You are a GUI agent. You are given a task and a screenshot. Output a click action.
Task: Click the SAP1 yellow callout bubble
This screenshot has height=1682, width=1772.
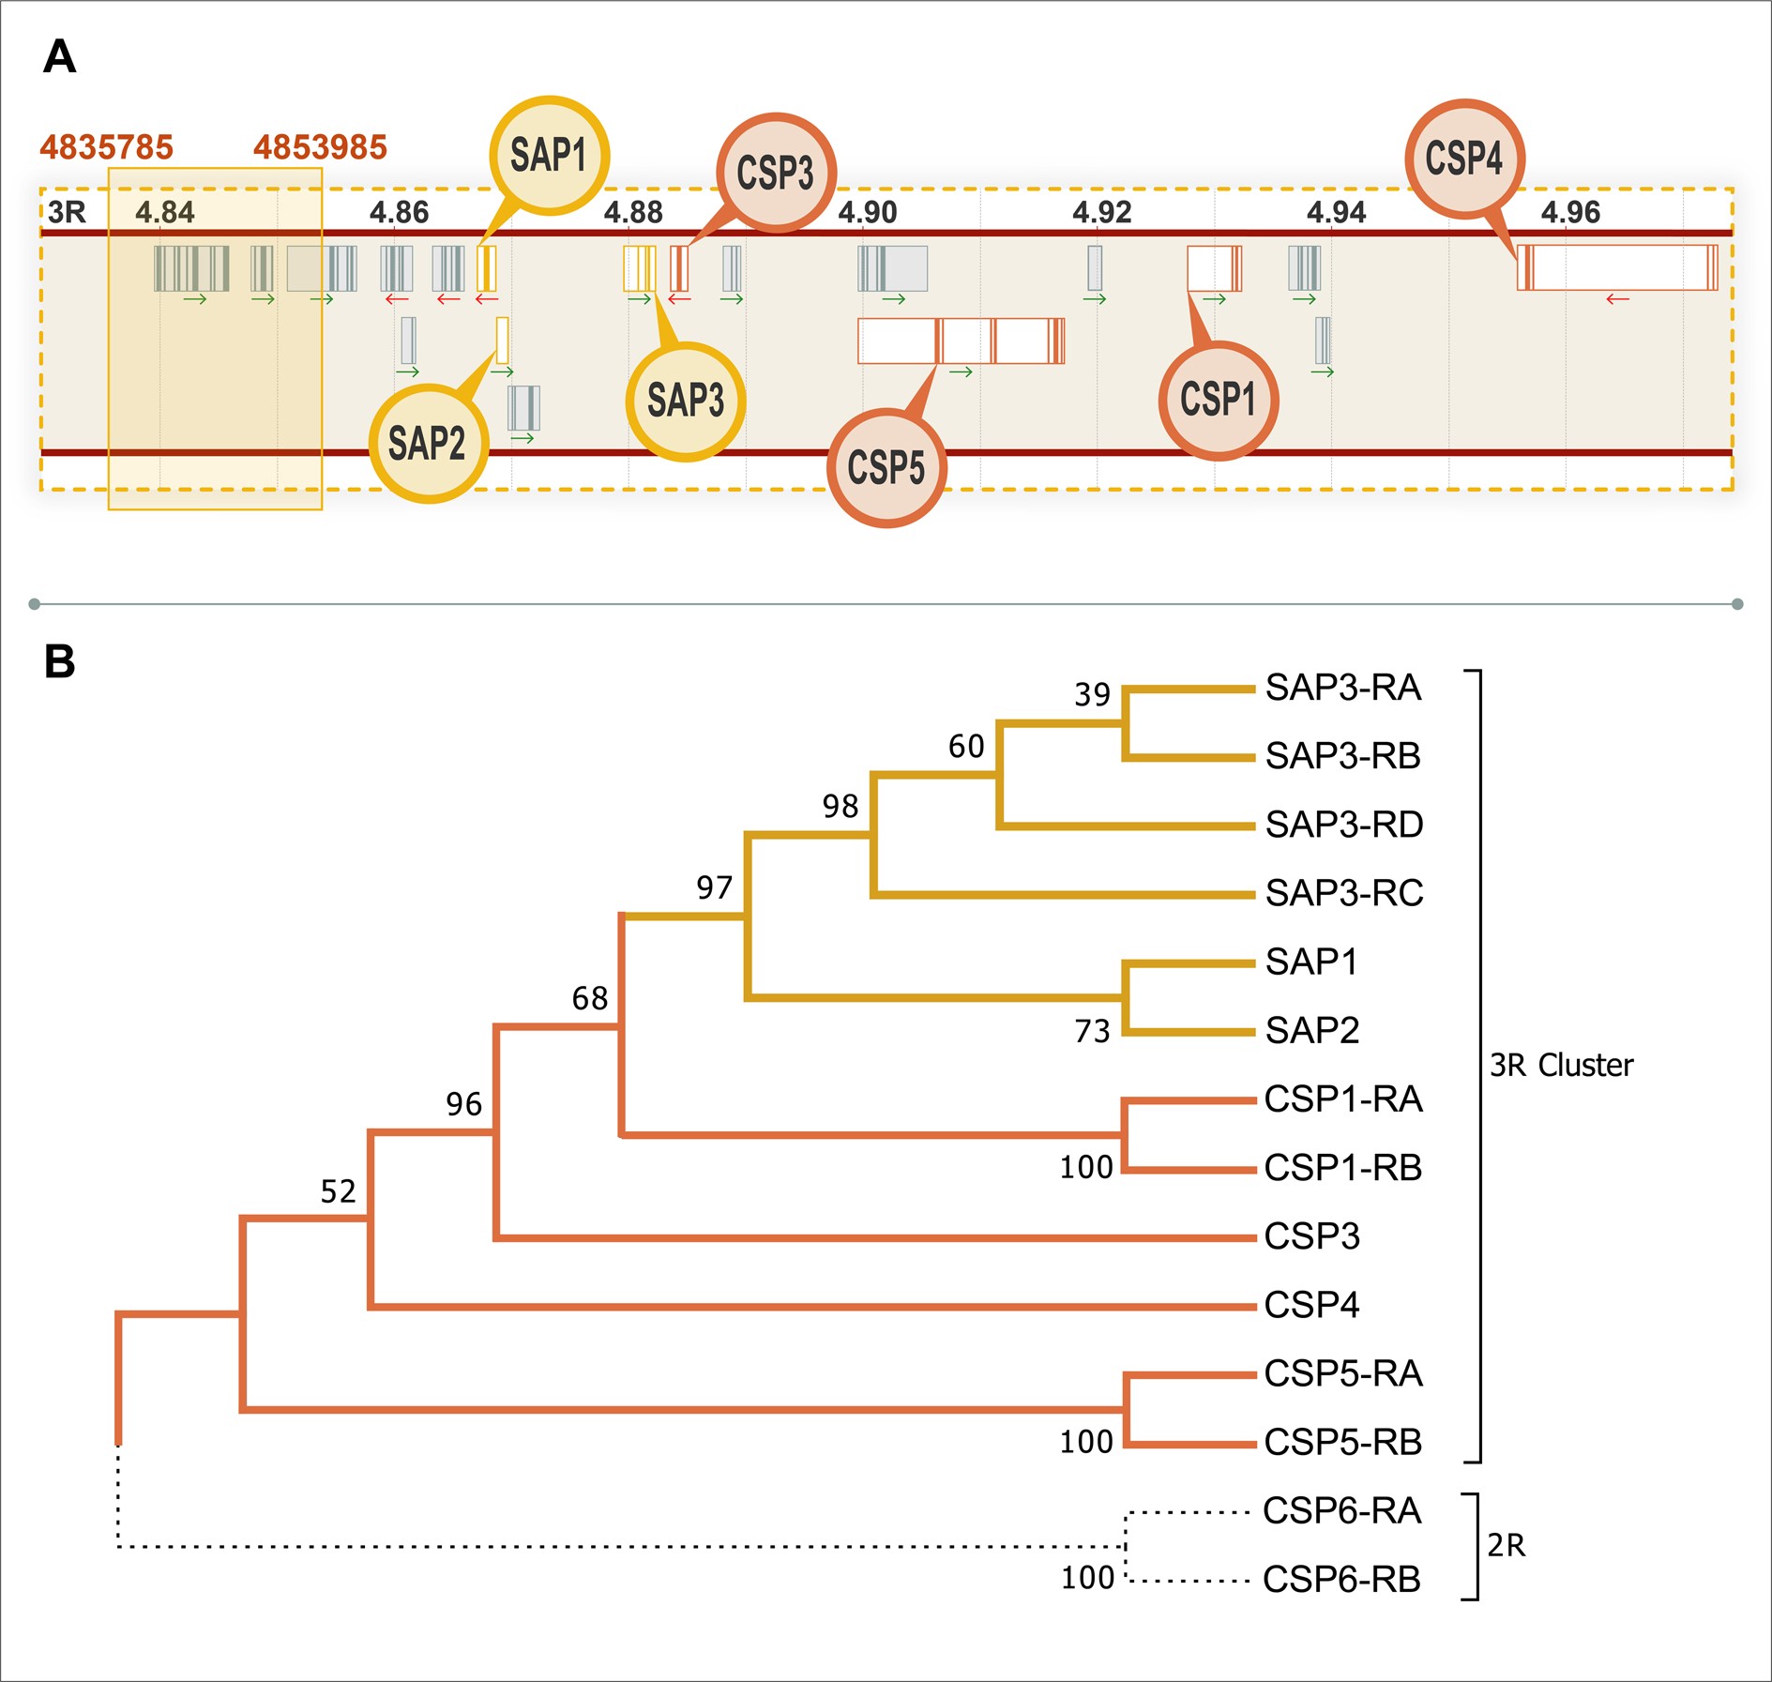click(549, 156)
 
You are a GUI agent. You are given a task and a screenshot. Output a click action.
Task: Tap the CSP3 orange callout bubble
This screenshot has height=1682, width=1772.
click(776, 174)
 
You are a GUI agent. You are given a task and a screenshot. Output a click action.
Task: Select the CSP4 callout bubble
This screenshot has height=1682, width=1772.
click(1463, 159)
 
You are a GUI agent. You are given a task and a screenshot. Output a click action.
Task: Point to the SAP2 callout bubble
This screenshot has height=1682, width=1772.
click(428, 443)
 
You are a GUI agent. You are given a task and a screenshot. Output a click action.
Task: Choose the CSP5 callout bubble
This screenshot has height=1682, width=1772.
click(886, 467)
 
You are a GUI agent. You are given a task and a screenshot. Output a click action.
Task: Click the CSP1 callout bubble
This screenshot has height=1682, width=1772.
click(1218, 400)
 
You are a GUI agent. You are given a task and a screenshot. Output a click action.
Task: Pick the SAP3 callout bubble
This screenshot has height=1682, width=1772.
click(686, 401)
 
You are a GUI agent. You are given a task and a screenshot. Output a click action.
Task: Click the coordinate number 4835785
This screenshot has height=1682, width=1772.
click(106, 147)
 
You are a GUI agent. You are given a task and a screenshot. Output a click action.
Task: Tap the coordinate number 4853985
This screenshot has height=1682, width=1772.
click(320, 147)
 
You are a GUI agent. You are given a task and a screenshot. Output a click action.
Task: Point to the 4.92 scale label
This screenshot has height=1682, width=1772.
click(1101, 213)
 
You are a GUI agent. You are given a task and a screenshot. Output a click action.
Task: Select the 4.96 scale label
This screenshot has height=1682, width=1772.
click(1570, 213)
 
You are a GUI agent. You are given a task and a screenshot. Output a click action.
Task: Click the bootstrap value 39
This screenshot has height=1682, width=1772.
click(1092, 695)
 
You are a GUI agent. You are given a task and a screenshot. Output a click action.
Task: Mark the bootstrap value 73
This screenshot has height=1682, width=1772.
click(1092, 1032)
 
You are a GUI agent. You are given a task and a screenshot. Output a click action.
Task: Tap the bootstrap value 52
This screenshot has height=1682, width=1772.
click(338, 1192)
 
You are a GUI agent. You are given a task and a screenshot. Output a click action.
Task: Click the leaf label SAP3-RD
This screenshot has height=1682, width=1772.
click(1343, 825)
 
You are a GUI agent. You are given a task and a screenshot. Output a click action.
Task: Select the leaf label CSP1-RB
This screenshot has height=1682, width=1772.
click(1342, 1168)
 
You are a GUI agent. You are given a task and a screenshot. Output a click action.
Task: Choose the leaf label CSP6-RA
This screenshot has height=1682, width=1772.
click(1341, 1511)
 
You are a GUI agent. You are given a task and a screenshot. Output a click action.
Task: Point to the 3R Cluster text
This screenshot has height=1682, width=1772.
click(1561, 1066)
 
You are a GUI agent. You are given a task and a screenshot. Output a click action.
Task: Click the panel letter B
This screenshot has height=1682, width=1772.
click(59, 661)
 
